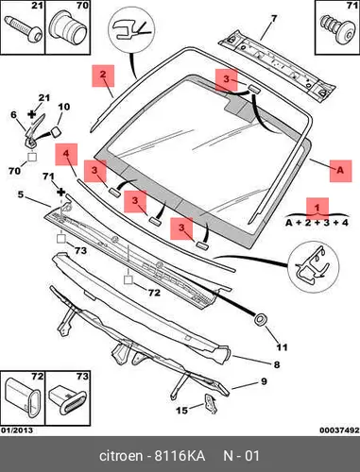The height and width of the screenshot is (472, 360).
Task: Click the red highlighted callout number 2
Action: pos(103,76)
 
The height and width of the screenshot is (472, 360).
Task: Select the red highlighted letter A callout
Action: pos(340,171)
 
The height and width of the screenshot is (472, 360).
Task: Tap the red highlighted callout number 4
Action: pos(66,154)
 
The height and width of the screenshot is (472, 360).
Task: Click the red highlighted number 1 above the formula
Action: pos(317,209)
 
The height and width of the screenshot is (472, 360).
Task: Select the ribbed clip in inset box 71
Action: pos(336,29)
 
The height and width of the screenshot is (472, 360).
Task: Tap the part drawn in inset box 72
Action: pos(24,398)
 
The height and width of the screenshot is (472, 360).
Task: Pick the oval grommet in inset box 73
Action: pos(67,399)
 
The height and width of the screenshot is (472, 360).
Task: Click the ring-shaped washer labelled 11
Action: pos(260,319)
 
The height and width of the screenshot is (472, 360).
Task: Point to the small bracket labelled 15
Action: pos(211,402)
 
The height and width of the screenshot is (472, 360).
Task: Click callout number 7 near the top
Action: pos(274,19)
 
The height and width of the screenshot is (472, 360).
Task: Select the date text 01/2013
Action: pos(17,430)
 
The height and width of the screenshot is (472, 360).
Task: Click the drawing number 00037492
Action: pos(339,430)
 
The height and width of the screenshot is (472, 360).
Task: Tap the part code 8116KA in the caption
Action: pos(180,456)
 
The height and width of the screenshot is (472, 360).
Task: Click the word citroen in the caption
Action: pos(121,456)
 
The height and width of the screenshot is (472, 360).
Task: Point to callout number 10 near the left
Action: pos(63,107)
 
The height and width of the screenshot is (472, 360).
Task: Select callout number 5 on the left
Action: pos(21,194)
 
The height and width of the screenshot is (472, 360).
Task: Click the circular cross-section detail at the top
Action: pos(132,30)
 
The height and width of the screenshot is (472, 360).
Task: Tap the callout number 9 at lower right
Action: pos(264,381)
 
